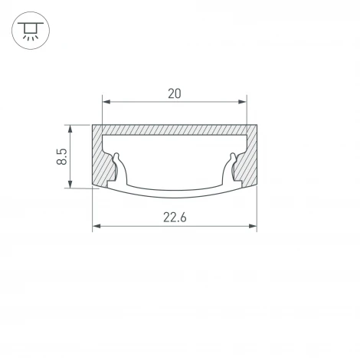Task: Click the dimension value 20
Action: [x=175, y=93]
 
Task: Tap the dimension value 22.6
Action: [x=175, y=218]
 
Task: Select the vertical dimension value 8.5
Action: [x=62, y=156]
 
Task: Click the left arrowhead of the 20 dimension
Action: [x=106, y=102]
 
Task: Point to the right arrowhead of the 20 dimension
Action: [x=242, y=102]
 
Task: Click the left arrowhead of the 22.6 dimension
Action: [x=97, y=226]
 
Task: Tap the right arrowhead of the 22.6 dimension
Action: [x=253, y=226]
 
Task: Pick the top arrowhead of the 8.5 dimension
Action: [x=70, y=129]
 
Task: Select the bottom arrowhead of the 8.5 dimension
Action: [x=70, y=184]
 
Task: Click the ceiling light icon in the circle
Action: [x=31, y=31]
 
